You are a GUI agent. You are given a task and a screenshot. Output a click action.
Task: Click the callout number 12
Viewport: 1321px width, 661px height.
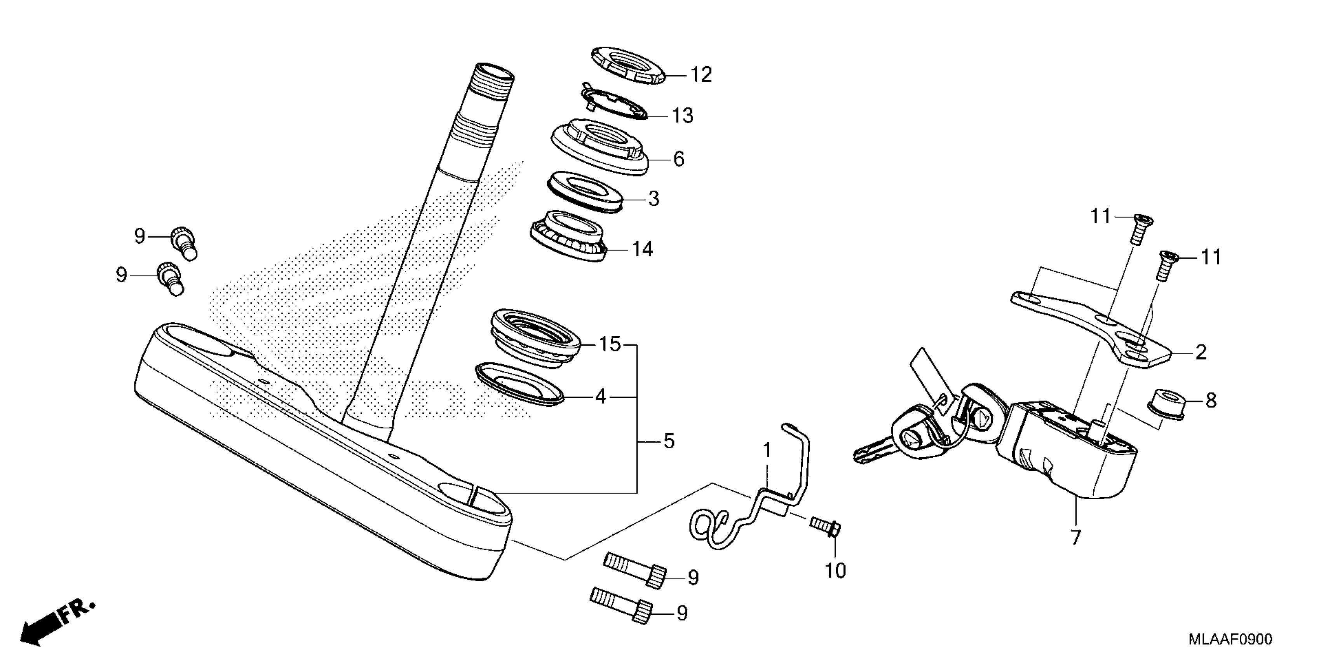[x=701, y=75]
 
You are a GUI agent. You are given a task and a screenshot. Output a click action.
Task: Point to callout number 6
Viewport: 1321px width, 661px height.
[x=678, y=159]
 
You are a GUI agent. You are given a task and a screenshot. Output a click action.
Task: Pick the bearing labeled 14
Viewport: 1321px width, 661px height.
[x=568, y=237]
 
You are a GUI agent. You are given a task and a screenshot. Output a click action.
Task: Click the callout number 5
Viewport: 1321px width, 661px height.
[x=669, y=441]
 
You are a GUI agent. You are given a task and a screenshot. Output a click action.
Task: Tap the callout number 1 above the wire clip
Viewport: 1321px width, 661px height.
[x=767, y=451]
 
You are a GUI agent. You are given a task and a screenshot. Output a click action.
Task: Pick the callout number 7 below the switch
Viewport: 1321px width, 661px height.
[x=1075, y=538]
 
